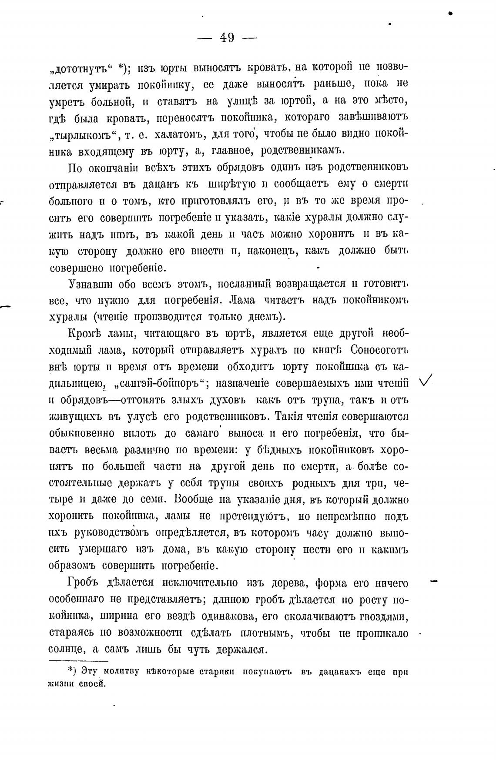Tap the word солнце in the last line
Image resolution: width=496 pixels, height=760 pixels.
click(x=67, y=650)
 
